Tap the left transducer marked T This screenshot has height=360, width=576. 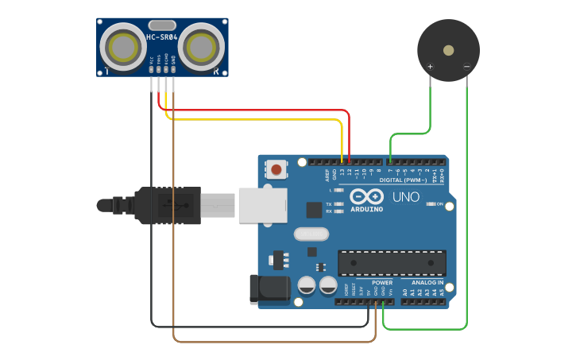(x=123, y=46)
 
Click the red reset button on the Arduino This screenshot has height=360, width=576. (x=276, y=169)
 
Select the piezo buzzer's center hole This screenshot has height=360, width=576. (x=449, y=49)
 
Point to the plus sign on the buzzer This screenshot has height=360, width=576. (x=430, y=67)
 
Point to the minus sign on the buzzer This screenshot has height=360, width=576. (x=466, y=67)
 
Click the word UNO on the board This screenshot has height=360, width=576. (x=406, y=196)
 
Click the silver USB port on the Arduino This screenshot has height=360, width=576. (x=262, y=205)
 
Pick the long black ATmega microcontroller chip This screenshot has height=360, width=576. (x=392, y=263)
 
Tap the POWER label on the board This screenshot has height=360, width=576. (x=382, y=282)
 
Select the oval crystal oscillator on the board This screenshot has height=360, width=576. (x=311, y=234)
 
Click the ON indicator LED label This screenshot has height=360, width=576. (x=439, y=204)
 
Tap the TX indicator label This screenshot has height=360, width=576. (x=329, y=204)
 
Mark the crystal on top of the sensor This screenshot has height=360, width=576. (x=161, y=25)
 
